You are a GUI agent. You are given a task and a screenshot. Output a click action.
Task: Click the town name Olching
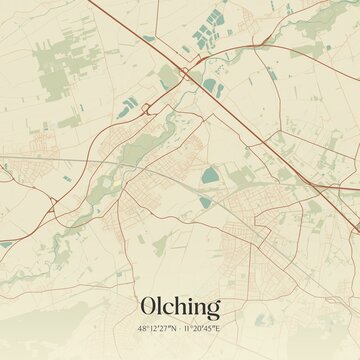coord(180,307)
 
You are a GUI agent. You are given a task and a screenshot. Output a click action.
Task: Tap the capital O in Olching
coord(149,306)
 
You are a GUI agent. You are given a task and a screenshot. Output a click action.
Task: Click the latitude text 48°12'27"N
coord(158,327)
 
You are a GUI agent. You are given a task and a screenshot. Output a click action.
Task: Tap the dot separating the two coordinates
coord(180,327)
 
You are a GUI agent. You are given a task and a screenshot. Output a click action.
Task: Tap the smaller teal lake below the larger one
coord(205,202)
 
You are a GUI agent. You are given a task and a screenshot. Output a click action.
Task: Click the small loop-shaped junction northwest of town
coord(146,107)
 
